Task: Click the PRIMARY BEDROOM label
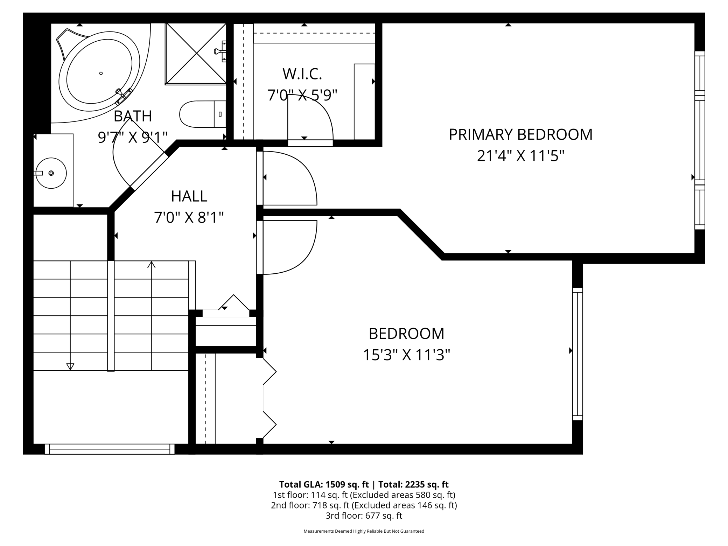tap(520, 135)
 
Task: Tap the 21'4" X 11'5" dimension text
tap(520, 156)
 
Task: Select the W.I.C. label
tap(302, 74)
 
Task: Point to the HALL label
tap(189, 196)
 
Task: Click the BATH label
tap(133, 116)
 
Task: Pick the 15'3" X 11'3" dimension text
tap(406, 355)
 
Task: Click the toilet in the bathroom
tap(202, 114)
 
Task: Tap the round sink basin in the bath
tap(51, 173)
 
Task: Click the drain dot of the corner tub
tap(101, 73)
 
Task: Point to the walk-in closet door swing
tap(310, 117)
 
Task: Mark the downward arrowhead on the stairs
tap(70, 366)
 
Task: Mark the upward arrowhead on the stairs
tap(151, 265)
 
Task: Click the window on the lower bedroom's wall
tap(577, 354)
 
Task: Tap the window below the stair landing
tap(110, 449)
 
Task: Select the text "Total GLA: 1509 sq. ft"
tap(324, 484)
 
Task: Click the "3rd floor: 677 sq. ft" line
tap(364, 516)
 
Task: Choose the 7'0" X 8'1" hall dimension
tap(189, 218)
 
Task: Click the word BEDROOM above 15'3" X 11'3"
tap(406, 334)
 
